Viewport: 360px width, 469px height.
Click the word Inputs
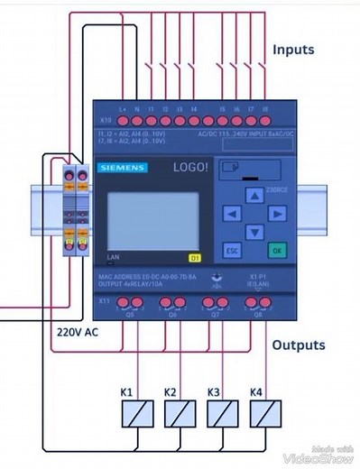[x=293, y=49]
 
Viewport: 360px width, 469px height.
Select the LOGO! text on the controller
[x=191, y=168]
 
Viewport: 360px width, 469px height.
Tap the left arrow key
[x=232, y=214]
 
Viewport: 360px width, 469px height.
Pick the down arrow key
[x=254, y=233]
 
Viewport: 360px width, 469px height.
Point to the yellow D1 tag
[x=194, y=257]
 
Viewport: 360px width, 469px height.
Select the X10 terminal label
[x=105, y=119]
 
